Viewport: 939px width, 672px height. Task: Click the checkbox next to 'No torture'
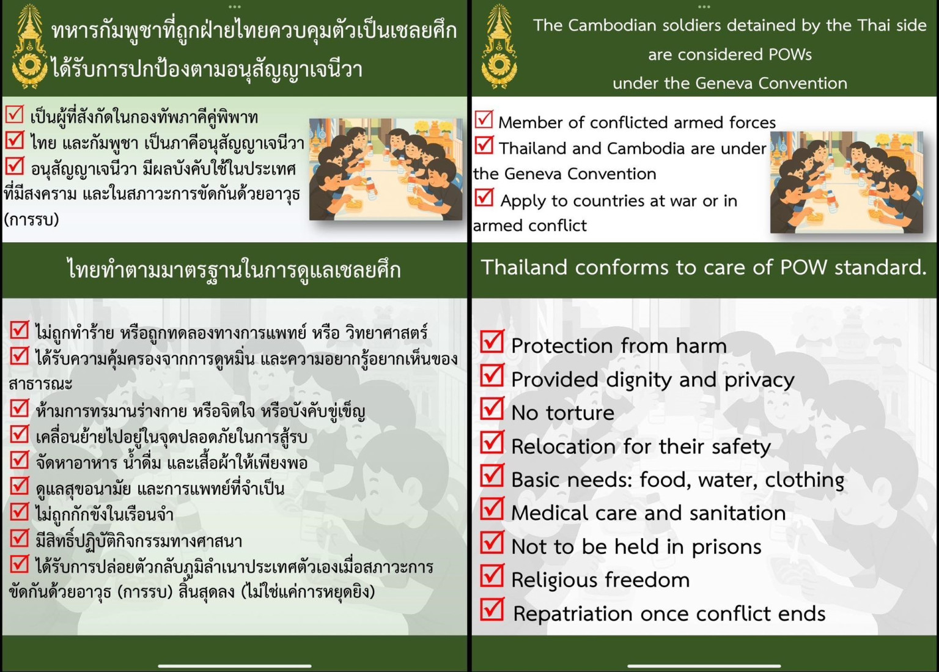click(x=492, y=408)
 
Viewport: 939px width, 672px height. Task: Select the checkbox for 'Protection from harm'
click(x=492, y=341)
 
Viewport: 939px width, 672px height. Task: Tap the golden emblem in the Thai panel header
click(x=29, y=46)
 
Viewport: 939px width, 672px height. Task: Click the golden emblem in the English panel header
click(x=499, y=46)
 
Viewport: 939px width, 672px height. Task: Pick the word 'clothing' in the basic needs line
click(x=805, y=481)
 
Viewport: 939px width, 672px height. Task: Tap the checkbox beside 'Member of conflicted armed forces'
click(x=484, y=119)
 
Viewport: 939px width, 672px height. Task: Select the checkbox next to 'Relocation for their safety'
click(x=492, y=442)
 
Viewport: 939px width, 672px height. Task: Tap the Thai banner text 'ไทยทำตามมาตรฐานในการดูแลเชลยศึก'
click(x=234, y=270)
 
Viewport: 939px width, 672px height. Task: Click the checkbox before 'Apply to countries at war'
click(x=484, y=198)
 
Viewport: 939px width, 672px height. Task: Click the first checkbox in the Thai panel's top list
click(x=15, y=114)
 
